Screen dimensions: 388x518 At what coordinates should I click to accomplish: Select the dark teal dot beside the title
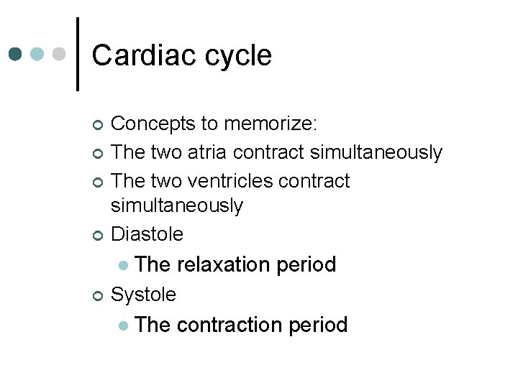[17, 55]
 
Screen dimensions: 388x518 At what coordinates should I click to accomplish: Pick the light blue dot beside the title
[38, 55]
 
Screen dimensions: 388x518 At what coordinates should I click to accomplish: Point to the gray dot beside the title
[60, 55]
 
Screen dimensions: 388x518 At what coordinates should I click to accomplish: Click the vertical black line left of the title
[77, 55]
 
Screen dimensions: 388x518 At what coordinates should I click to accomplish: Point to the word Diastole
[147, 234]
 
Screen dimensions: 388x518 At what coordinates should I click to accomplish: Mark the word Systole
[143, 295]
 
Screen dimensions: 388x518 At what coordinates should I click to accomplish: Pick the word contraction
[229, 325]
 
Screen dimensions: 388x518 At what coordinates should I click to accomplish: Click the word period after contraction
[317, 325]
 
